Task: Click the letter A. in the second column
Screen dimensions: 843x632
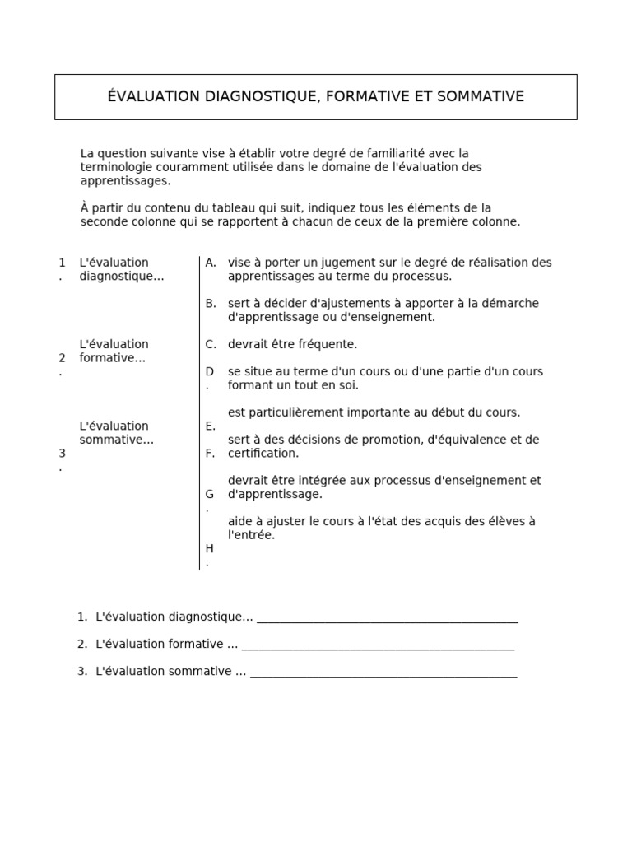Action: (x=211, y=263)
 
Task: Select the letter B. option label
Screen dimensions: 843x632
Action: (x=211, y=304)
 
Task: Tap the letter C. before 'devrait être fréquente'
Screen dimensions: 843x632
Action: (x=211, y=344)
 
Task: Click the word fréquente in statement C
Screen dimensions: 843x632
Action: (x=328, y=344)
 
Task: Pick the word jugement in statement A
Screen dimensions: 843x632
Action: (x=332, y=263)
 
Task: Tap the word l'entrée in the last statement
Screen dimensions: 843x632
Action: (x=251, y=535)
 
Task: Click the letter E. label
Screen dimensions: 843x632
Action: (x=211, y=426)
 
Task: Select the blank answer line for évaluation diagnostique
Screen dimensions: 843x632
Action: (x=387, y=618)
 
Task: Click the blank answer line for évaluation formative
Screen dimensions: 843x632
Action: (x=378, y=645)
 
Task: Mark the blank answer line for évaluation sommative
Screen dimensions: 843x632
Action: (x=383, y=673)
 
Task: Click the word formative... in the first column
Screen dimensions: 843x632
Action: (x=113, y=358)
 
